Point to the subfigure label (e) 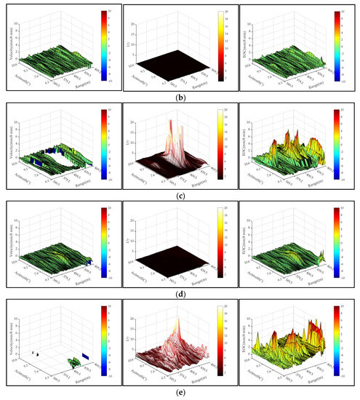(180, 393)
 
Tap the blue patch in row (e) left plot (84, 356)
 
